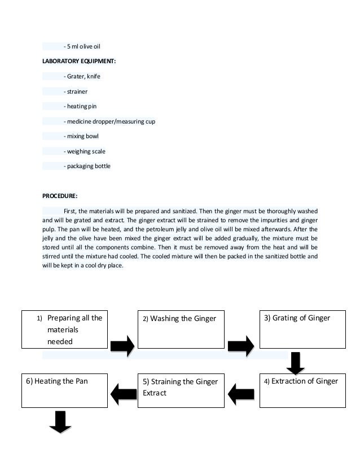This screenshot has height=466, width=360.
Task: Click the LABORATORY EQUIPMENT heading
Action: point(80,61)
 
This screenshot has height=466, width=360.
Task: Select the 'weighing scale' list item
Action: point(84,151)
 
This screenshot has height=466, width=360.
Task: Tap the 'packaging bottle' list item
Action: point(87,166)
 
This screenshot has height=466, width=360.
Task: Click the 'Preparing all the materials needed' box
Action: point(65,329)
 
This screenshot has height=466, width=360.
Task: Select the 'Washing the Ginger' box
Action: point(181,329)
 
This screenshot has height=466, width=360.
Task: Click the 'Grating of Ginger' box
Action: point(301,329)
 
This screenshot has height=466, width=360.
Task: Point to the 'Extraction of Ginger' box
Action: point(301,390)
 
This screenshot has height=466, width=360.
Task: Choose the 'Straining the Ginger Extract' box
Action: point(181,390)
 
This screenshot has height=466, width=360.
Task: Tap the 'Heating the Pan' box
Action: point(65,390)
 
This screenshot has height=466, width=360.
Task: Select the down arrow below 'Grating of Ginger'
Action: point(295,362)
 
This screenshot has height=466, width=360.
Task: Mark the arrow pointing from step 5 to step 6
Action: point(122,393)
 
